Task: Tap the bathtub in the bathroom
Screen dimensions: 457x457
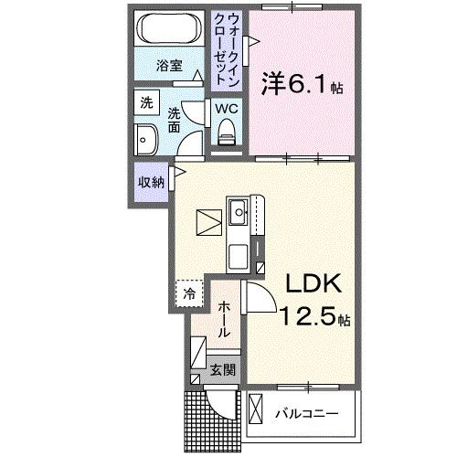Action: click(168, 31)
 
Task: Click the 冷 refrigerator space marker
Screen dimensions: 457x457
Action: click(189, 293)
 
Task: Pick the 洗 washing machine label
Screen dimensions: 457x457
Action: click(146, 103)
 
